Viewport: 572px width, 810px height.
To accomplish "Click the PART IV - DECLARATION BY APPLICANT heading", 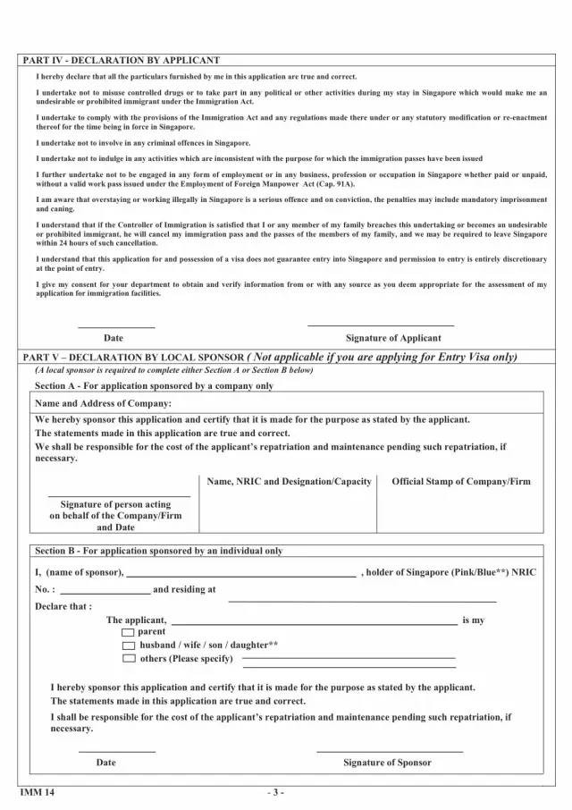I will (121, 60).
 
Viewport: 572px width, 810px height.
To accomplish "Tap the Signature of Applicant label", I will (392, 338).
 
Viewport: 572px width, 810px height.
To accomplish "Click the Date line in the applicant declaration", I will (116, 326).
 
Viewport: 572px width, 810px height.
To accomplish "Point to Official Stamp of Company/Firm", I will (460, 481).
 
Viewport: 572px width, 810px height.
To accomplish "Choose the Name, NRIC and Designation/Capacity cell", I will (289, 481).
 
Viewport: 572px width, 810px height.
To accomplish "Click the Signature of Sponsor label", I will (387, 763).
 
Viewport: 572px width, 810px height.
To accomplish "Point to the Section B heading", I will (158, 551).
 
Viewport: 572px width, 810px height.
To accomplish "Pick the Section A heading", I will (154, 385).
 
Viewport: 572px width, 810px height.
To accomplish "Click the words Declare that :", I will (63, 605).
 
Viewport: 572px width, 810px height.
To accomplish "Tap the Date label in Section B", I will (105, 763).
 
